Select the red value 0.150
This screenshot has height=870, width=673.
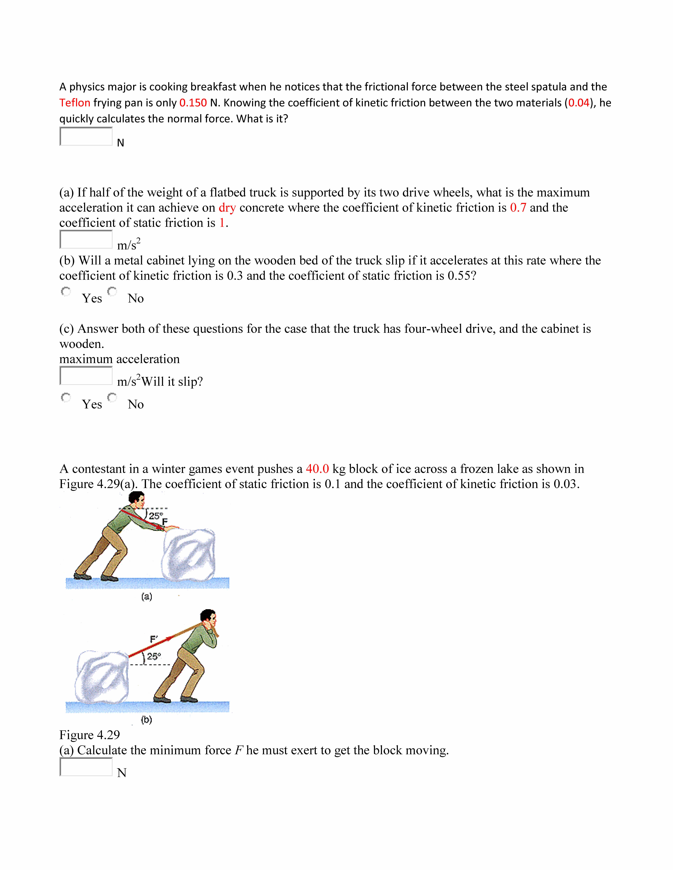(x=193, y=103)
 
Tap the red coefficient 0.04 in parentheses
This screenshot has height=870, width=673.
(x=579, y=103)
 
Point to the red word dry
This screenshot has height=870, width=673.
(x=227, y=208)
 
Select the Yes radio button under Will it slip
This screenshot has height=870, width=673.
(x=66, y=398)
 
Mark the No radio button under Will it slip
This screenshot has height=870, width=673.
(x=112, y=398)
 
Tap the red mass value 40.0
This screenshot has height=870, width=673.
(x=317, y=469)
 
